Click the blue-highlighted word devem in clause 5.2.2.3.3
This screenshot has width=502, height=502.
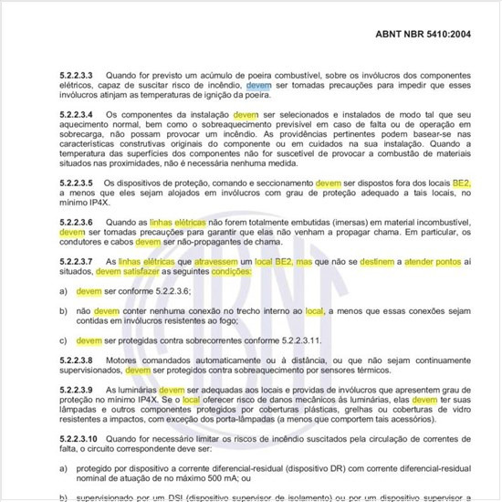[x=259, y=84]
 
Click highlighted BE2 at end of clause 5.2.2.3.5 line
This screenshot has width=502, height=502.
[x=460, y=183]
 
